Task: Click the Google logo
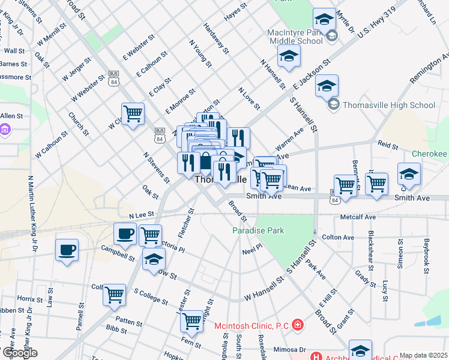19,353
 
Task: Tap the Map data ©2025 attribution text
424,355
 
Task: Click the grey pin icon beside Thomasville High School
334,105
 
